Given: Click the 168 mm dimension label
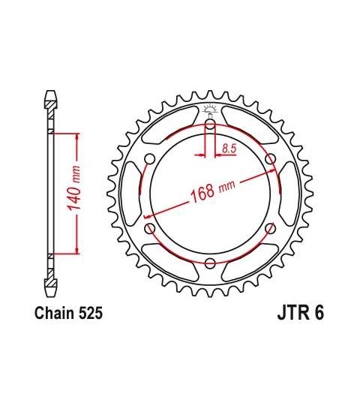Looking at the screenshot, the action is (213, 190).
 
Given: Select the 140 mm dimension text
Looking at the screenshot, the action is (73, 188).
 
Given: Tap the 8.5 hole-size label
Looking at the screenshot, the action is (229, 149).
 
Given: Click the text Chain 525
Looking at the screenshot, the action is (68, 313).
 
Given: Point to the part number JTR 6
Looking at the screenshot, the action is (301, 313).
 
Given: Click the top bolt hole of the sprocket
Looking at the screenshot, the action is (210, 125).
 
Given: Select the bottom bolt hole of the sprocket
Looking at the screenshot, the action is (210, 263).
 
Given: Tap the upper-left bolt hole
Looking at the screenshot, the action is (150, 159).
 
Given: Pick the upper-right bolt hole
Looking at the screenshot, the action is (271, 159).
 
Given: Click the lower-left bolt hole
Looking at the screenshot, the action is (150, 228).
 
